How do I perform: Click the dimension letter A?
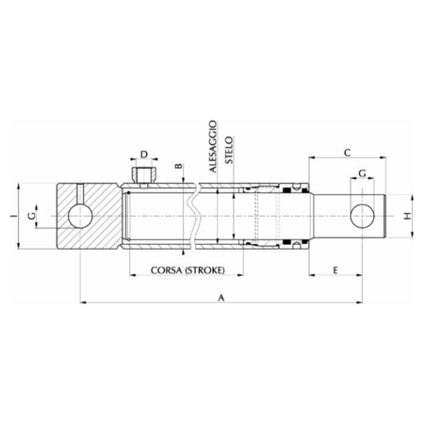pyautogui.click(x=221, y=298)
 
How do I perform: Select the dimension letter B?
pyautogui.click(x=178, y=166)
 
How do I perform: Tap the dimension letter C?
pyautogui.click(x=347, y=153)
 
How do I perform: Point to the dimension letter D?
pyautogui.click(x=144, y=155)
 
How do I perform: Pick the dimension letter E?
pyautogui.click(x=335, y=270)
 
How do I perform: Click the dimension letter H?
pyautogui.click(x=407, y=216)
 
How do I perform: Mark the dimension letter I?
pyautogui.click(x=13, y=216)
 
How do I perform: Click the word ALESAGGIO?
pyautogui.click(x=213, y=146)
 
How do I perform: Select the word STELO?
pyautogui.click(x=229, y=150)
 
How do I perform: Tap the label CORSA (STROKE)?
pyautogui.click(x=188, y=270)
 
